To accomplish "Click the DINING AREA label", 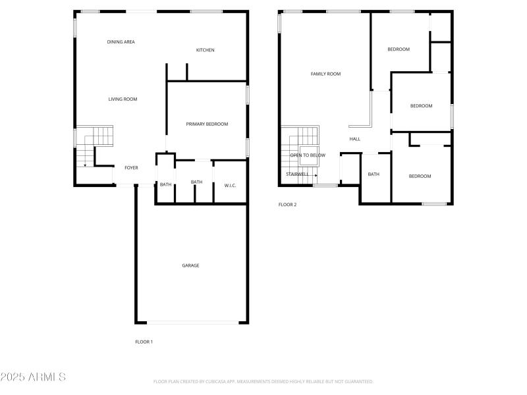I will click(x=121, y=42).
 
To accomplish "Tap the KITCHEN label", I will click(x=205, y=50).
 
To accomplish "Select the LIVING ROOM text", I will click(x=123, y=99).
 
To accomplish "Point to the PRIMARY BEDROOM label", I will click(x=207, y=124).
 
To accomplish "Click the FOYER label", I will click(x=131, y=168).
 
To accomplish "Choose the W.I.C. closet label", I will click(x=230, y=186).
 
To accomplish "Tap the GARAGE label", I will click(x=190, y=265).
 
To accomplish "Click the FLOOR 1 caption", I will click(x=144, y=342).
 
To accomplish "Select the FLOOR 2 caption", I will click(x=287, y=205).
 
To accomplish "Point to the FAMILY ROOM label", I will click(x=325, y=74).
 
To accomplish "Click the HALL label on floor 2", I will click(x=354, y=139).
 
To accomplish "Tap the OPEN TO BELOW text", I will click(x=308, y=155).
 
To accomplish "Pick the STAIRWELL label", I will click(x=297, y=174).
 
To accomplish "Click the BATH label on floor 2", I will click(x=374, y=174).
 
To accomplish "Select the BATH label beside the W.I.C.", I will click(x=196, y=182).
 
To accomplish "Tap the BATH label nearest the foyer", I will click(x=165, y=184).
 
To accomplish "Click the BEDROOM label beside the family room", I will click(x=398, y=49).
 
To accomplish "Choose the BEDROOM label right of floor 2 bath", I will click(x=420, y=176).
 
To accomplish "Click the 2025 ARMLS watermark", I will click(x=33, y=377).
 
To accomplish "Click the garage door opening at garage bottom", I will click(x=192, y=323).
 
